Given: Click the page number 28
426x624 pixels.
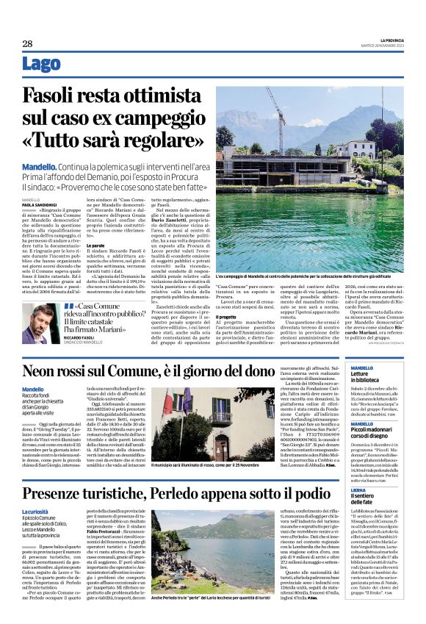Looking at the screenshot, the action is [27, 43].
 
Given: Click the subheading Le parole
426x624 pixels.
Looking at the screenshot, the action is [98, 245].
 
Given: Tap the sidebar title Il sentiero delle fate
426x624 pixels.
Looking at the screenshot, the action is [361, 500].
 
